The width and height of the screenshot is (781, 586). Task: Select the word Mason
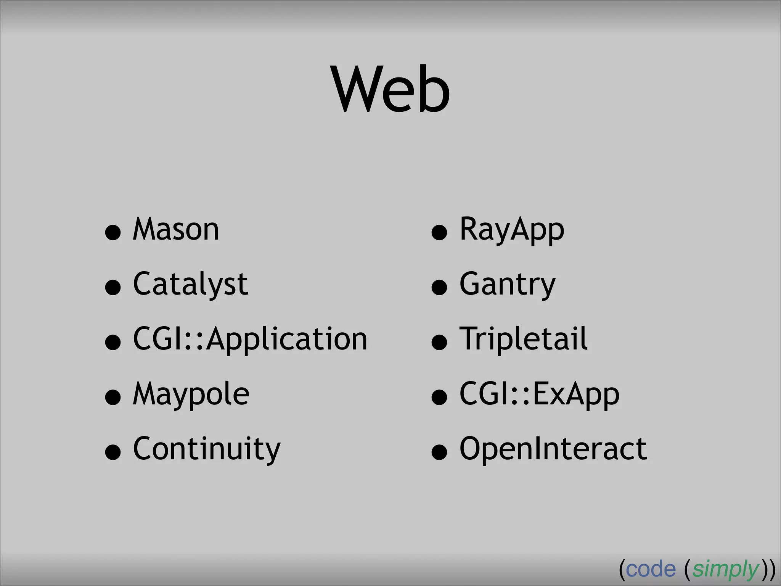176,229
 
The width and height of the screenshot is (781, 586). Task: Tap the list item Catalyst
190,284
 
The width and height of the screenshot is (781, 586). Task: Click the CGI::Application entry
250,339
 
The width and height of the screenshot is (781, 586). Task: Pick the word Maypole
191,394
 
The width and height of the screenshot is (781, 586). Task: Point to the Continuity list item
206,449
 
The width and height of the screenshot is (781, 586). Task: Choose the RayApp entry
511,229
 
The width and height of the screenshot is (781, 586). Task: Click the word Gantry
507,284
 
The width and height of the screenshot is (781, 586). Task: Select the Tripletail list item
523,339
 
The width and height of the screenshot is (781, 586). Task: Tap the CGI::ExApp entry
539,394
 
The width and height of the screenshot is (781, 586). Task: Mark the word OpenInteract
553,449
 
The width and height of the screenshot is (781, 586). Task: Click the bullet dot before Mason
113,232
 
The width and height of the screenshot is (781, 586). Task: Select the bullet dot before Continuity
113,452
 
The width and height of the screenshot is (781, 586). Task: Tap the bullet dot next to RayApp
439,232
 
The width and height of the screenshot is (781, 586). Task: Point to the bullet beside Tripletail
439,342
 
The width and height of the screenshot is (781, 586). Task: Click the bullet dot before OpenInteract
439,452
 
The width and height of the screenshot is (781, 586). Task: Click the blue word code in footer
651,569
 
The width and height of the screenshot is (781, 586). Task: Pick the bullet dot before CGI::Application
113,342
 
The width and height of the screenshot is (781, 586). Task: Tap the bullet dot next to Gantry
439,287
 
